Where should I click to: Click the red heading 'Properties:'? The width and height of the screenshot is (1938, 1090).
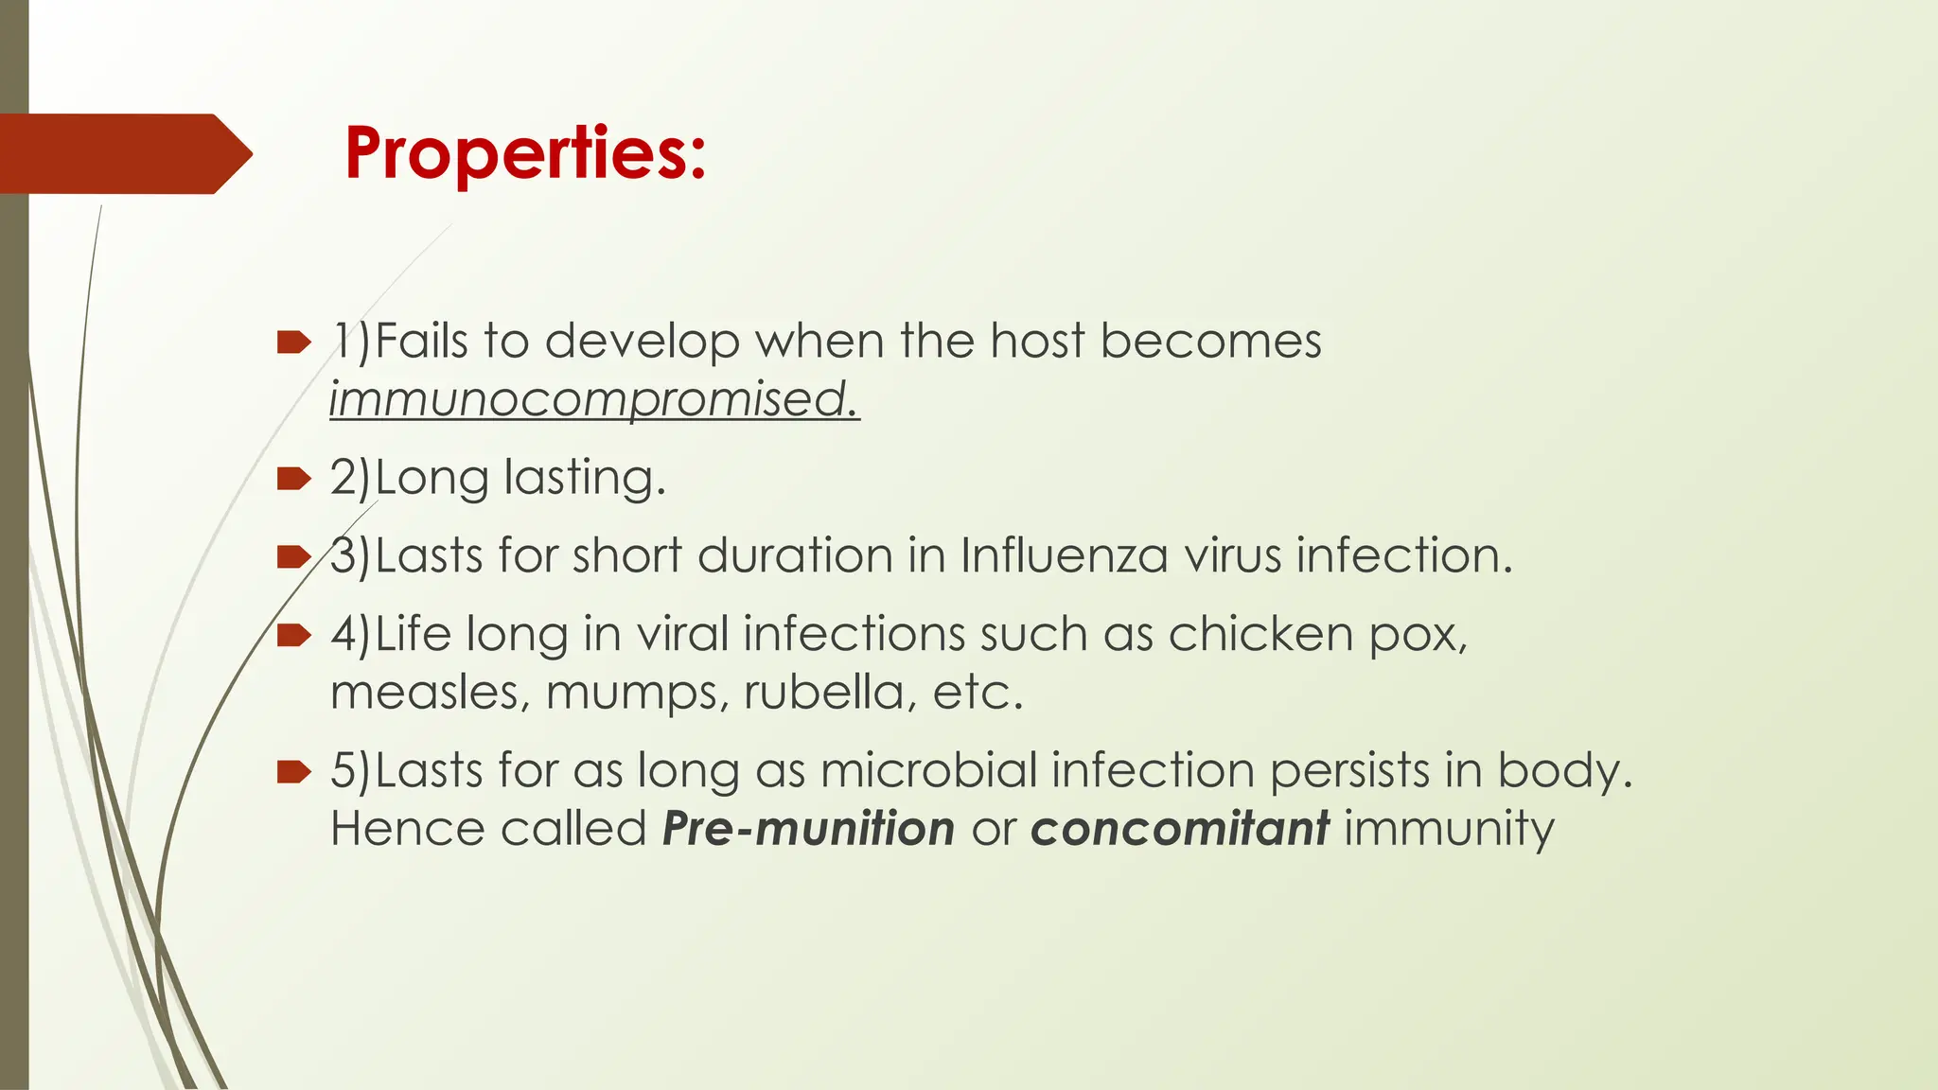click(x=525, y=153)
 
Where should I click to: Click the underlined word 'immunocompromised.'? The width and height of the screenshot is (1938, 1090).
click(x=594, y=399)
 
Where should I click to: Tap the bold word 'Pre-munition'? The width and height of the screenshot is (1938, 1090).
click(x=809, y=829)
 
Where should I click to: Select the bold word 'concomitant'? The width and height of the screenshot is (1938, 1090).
click(x=1180, y=829)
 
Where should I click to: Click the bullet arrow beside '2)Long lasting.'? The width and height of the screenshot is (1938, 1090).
click(x=294, y=479)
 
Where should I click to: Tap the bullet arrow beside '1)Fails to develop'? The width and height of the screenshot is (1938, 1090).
click(x=294, y=343)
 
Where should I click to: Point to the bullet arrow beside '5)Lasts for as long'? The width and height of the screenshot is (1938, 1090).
click(x=294, y=772)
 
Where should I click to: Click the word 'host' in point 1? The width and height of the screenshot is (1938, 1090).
click(x=1037, y=341)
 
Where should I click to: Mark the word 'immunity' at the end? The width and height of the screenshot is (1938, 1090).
click(x=1449, y=829)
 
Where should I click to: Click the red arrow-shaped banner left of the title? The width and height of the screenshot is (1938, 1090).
click(x=123, y=153)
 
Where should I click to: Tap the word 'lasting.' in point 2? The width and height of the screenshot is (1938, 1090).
click(x=585, y=478)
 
